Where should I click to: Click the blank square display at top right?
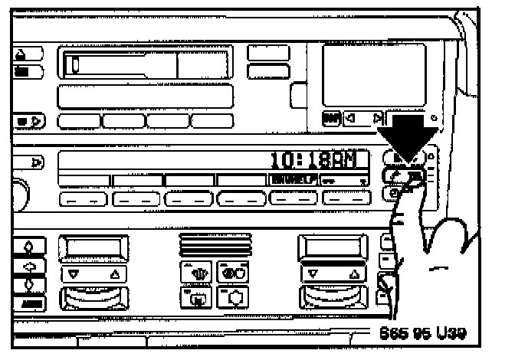[x=372, y=74]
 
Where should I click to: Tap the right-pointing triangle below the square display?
[x=376, y=118]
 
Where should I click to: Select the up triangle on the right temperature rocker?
[x=353, y=273]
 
